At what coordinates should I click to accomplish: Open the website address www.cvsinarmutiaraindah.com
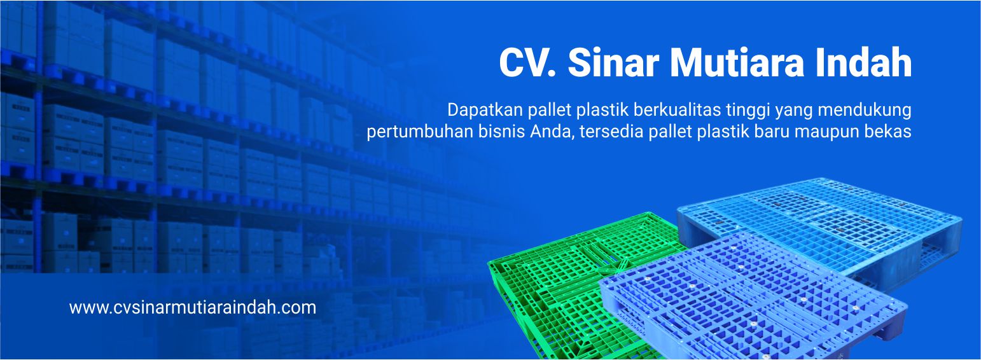(x=193, y=308)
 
